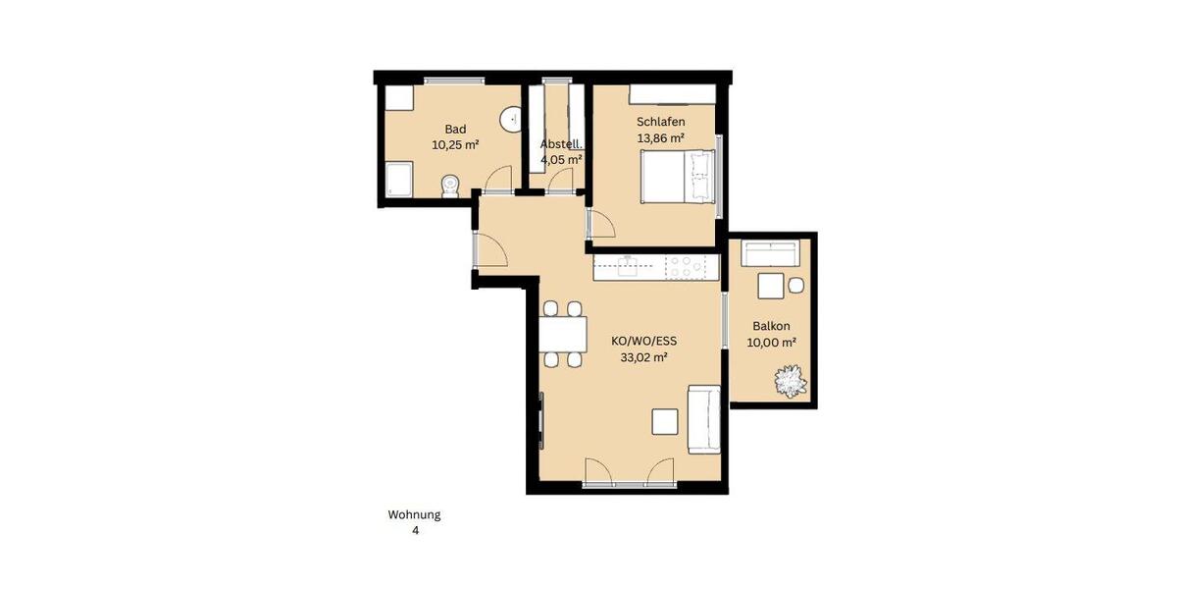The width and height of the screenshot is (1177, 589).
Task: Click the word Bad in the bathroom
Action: tap(455, 129)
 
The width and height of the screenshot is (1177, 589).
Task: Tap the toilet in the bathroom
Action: tap(450, 186)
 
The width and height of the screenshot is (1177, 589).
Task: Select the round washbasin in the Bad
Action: tap(511, 120)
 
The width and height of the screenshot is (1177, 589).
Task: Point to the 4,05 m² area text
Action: tap(561, 159)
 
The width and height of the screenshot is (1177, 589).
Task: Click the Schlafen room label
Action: tap(660, 122)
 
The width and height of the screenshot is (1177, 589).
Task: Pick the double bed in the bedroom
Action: tap(677, 178)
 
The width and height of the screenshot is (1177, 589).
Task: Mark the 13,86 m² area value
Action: tap(660, 138)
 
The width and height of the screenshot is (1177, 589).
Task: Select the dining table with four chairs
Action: tap(562, 334)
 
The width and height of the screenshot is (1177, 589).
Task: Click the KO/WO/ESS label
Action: tap(643, 342)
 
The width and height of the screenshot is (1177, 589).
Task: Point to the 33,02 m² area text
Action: tap(643, 358)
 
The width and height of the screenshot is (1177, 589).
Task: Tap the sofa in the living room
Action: tap(704, 419)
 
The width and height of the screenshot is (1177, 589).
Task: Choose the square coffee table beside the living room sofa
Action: tap(665, 421)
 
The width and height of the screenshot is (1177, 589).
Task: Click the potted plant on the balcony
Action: tap(789, 381)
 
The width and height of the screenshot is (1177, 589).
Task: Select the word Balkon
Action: tap(771, 326)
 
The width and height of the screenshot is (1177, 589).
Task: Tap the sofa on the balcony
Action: tap(771, 253)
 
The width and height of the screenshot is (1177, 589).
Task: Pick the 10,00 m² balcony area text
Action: tap(771, 343)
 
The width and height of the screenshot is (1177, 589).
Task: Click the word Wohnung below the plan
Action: tap(414, 514)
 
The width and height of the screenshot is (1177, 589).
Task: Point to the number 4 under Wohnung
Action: tap(415, 531)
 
